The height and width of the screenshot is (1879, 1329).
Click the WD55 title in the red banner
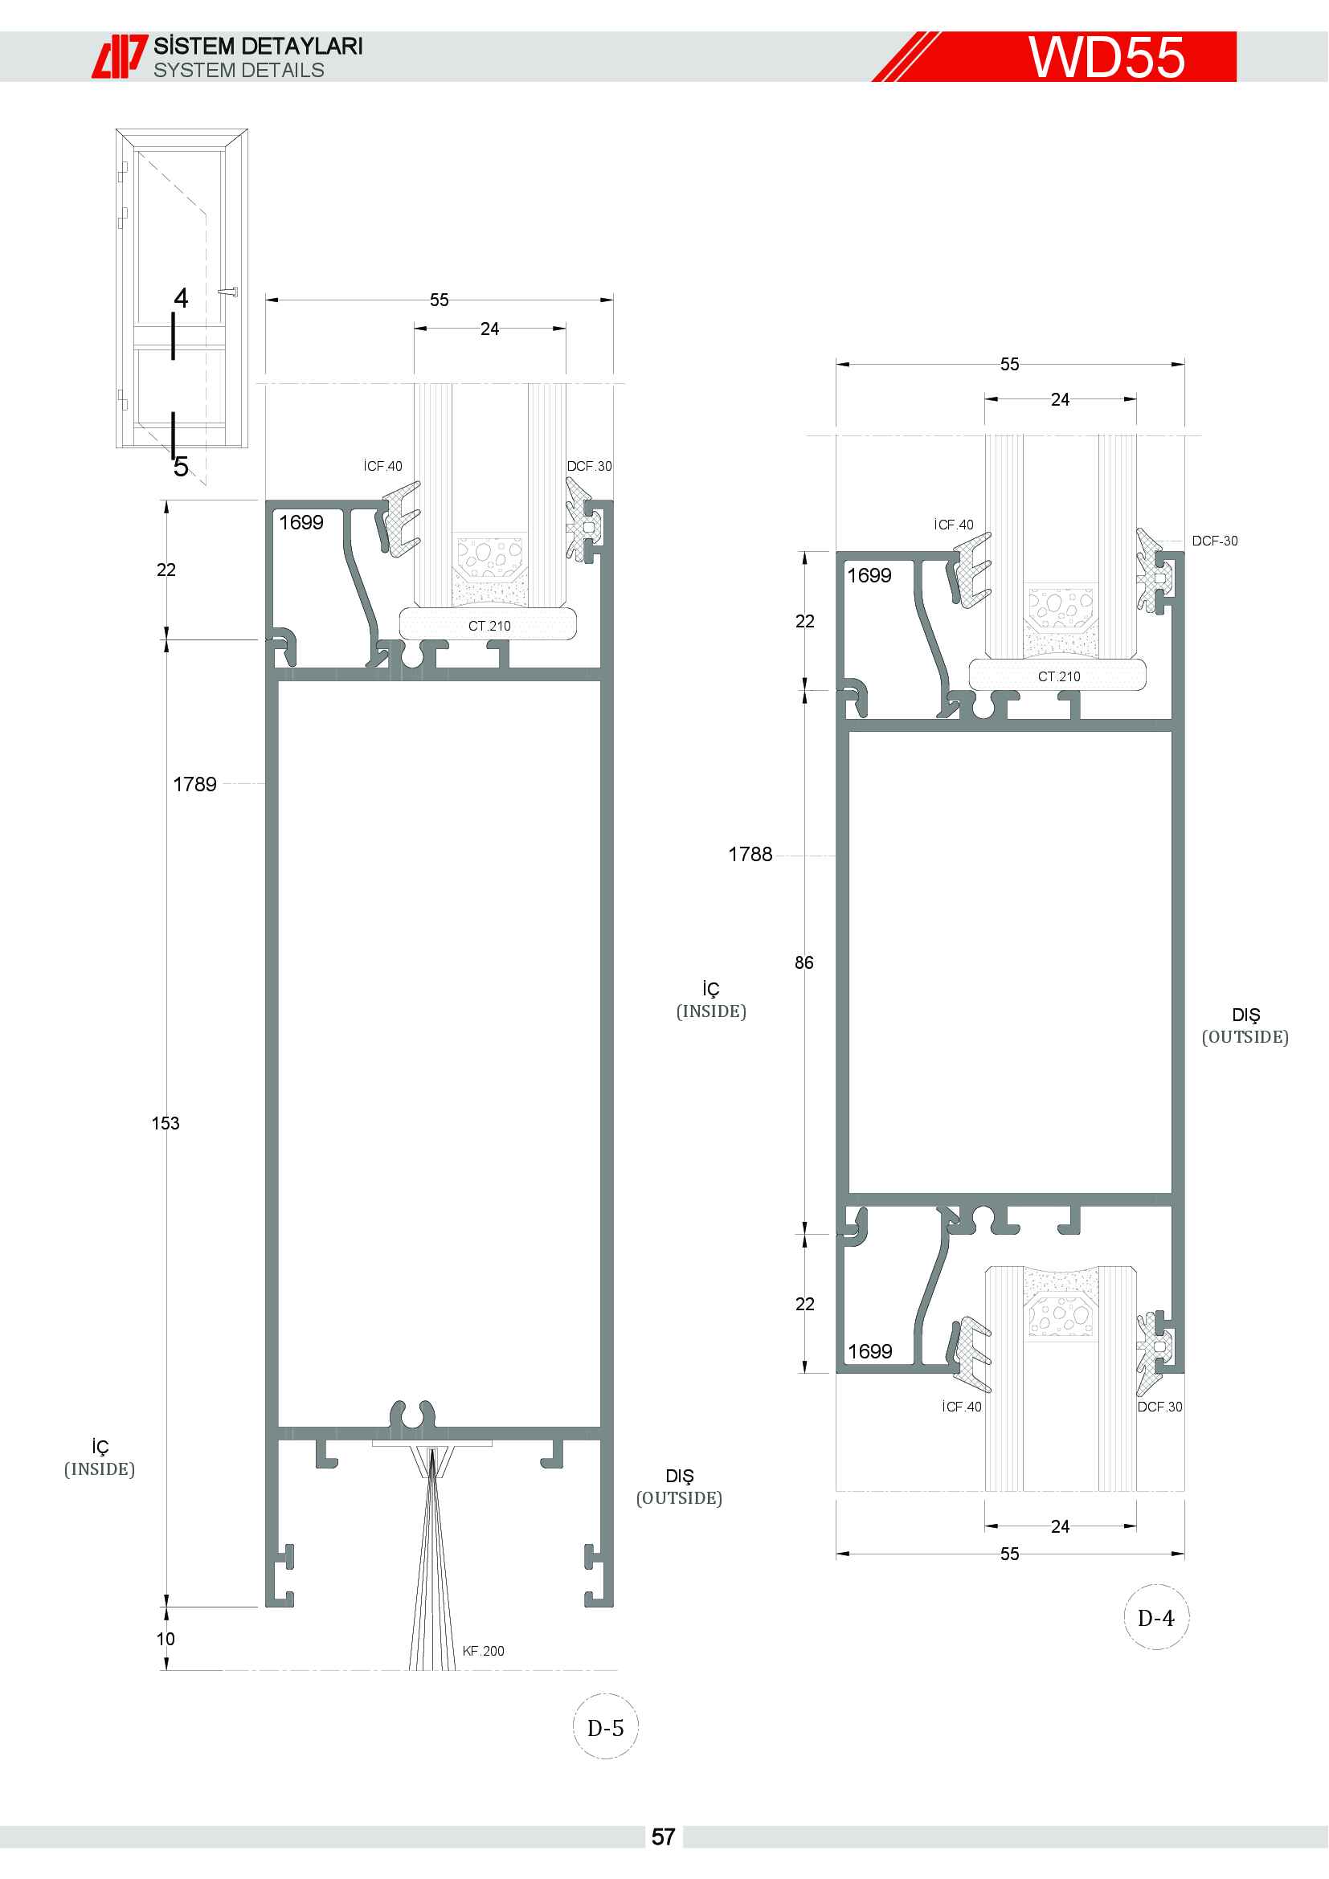(x=1106, y=57)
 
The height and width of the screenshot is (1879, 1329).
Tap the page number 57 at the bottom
(x=664, y=1837)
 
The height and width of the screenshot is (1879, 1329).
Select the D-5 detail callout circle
(x=606, y=1728)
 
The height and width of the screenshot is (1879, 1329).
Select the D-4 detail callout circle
(x=1156, y=1618)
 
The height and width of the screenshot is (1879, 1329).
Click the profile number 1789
(x=194, y=784)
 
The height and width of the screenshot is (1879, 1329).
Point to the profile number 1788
(x=750, y=855)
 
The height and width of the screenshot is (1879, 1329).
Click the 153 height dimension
(x=166, y=1123)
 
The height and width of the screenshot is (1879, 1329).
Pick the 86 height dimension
(x=804, y=962)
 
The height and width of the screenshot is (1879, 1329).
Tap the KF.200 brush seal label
(x=483, y=1651)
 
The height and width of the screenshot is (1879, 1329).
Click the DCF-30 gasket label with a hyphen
(x=1214, y=541)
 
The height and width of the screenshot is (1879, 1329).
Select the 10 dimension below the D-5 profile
(x=166, y=1638)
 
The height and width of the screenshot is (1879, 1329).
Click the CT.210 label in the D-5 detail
(x=489, y=626)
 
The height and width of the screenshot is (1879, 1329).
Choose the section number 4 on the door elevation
(x=181, y=298)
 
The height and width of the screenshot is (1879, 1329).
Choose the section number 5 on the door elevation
(x=181, y=467)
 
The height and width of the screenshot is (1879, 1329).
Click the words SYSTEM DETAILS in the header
(x=239, y=71)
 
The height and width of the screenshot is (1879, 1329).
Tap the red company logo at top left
(x=120, y=56)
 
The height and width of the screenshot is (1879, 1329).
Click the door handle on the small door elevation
(x=228, y=292)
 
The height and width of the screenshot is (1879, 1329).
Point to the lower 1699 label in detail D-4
(x=870, y=1351)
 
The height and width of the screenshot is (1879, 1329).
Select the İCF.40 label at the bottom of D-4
(x=962, y=1407)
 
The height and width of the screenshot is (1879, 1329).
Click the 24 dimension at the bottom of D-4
(x=1060, y=1526)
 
